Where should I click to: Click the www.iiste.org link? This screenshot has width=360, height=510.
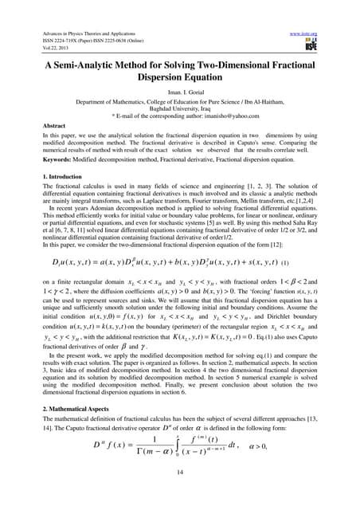click(303, 10)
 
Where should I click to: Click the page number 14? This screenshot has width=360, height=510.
click(180, 492)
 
